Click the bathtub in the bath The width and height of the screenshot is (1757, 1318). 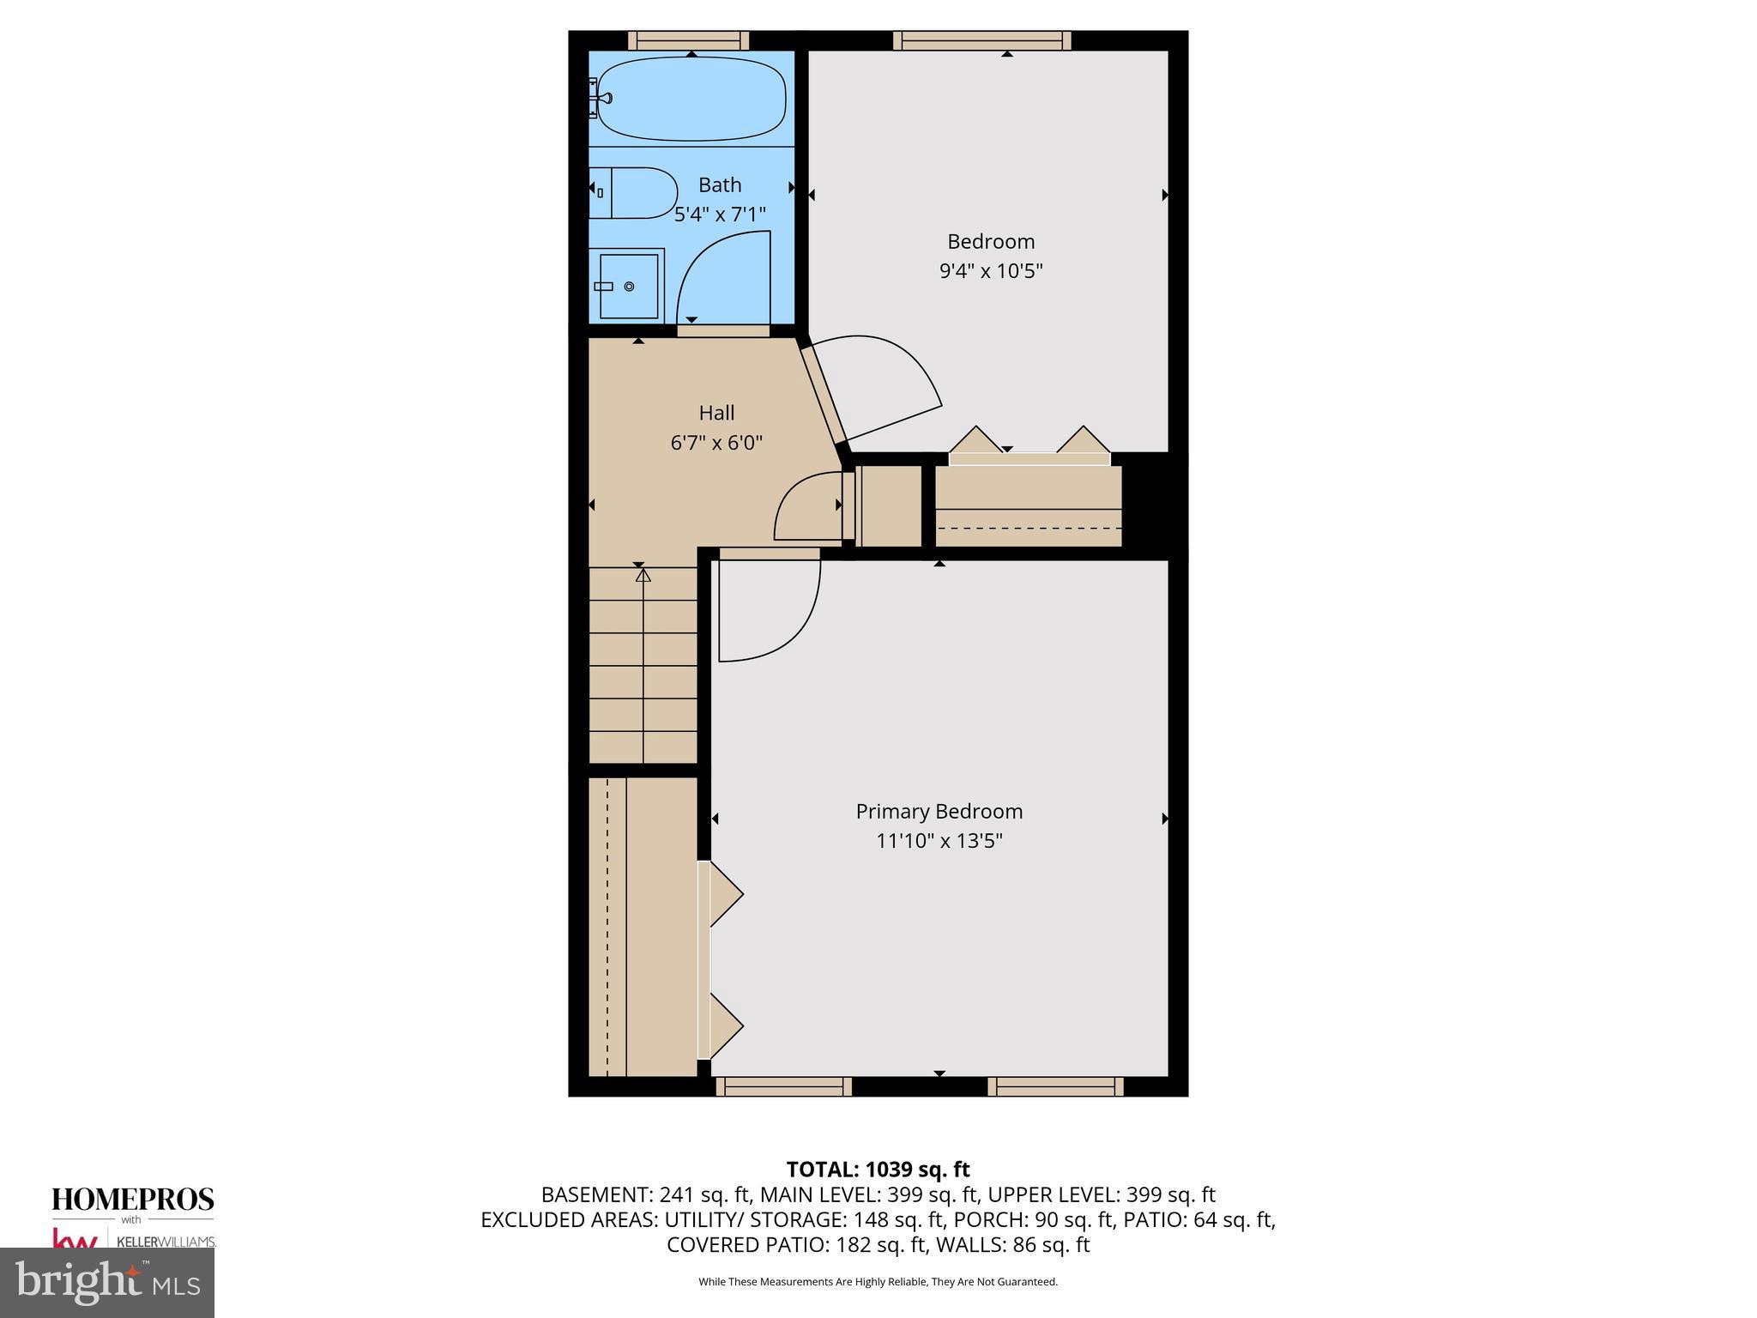pos(691,99)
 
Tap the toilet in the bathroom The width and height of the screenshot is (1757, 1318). pos(635,193)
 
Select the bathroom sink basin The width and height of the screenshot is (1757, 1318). pos(628,286)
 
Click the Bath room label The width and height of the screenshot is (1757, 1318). pos(719,184)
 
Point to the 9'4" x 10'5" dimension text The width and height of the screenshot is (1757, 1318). pos(990,271)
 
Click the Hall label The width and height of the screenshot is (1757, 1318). pos(716,413)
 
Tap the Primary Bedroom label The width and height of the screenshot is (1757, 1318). pos(939,811)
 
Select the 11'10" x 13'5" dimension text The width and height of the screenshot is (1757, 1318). pos(939,840)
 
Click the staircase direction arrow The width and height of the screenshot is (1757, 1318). pos(643,575)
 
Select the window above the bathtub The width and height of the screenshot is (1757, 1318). pos(688,39)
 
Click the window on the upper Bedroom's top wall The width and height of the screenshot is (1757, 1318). pos(981,39)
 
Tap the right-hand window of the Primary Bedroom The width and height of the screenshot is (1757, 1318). pos(1055,1086)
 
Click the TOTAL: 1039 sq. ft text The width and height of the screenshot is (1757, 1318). pos(878,1169)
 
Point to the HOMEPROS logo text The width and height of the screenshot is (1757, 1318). pos(133,1199)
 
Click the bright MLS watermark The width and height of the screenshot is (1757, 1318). pos(107,1282)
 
